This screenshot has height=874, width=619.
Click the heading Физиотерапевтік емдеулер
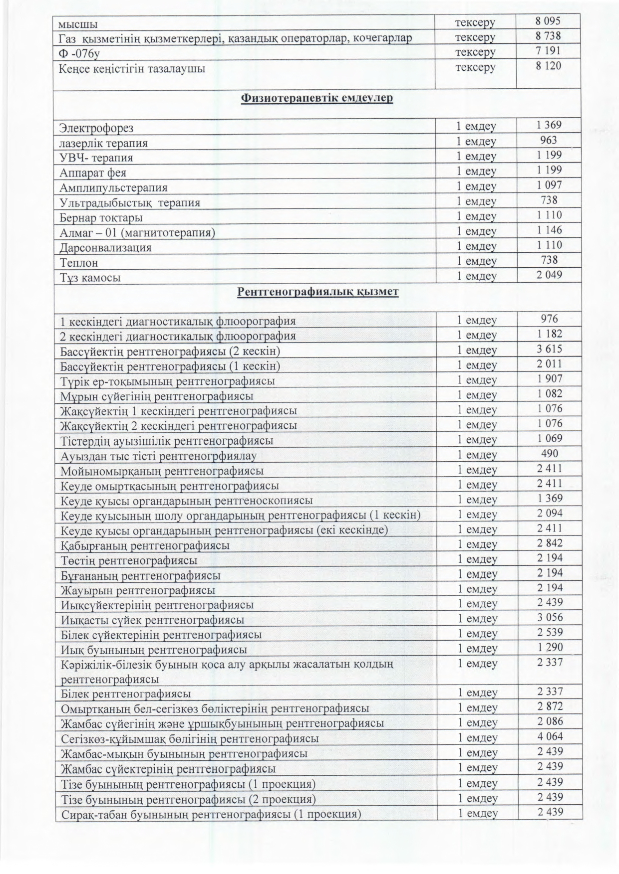pyautogui.click(x=317, y=98)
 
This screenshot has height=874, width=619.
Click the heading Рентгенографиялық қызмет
pyautogui.click(x=317, y=291)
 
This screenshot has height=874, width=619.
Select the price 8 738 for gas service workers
pyautogui.click(x=548, y=36)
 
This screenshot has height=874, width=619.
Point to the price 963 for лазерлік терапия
pyautogui.click(x=548, y=140)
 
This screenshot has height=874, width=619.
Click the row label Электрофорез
pyautogui.click(x=96, y=128)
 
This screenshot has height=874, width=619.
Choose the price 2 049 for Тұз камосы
pyautogui.click(x=549, y=275)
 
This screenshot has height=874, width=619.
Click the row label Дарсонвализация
pyautogui.click(x=105, y=248)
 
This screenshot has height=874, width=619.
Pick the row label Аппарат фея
pyautogui.click(x=93, y=173)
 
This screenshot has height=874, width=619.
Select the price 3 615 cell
pyautogui.click(x=549, y=349)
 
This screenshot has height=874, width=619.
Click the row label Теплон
pyautogui.click(x=79, y=263)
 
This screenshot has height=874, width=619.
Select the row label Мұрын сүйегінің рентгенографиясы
pyautogui.click(x=156, y=396)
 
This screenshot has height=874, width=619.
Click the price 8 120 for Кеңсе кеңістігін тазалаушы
pyautogui.click(x=548, y=66)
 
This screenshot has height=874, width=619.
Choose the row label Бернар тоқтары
pyautogui.click(x=101, y=218)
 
